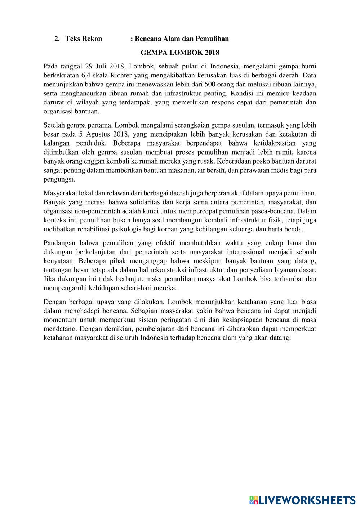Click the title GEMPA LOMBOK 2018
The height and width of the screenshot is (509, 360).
coord(180,53)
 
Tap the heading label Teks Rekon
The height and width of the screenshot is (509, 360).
coord(84,39)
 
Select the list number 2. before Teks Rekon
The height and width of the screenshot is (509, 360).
coord(57,39)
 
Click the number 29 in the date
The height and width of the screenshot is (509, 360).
coord(89,66)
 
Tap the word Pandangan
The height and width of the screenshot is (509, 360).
coord(59,243)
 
